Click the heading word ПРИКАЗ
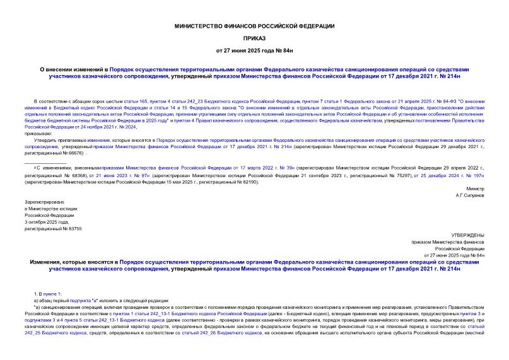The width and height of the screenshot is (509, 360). point(255,37)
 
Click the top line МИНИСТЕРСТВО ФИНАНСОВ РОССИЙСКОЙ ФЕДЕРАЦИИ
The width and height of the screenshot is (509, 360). point(255,25)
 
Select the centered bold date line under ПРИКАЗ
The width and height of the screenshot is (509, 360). point(255,50)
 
